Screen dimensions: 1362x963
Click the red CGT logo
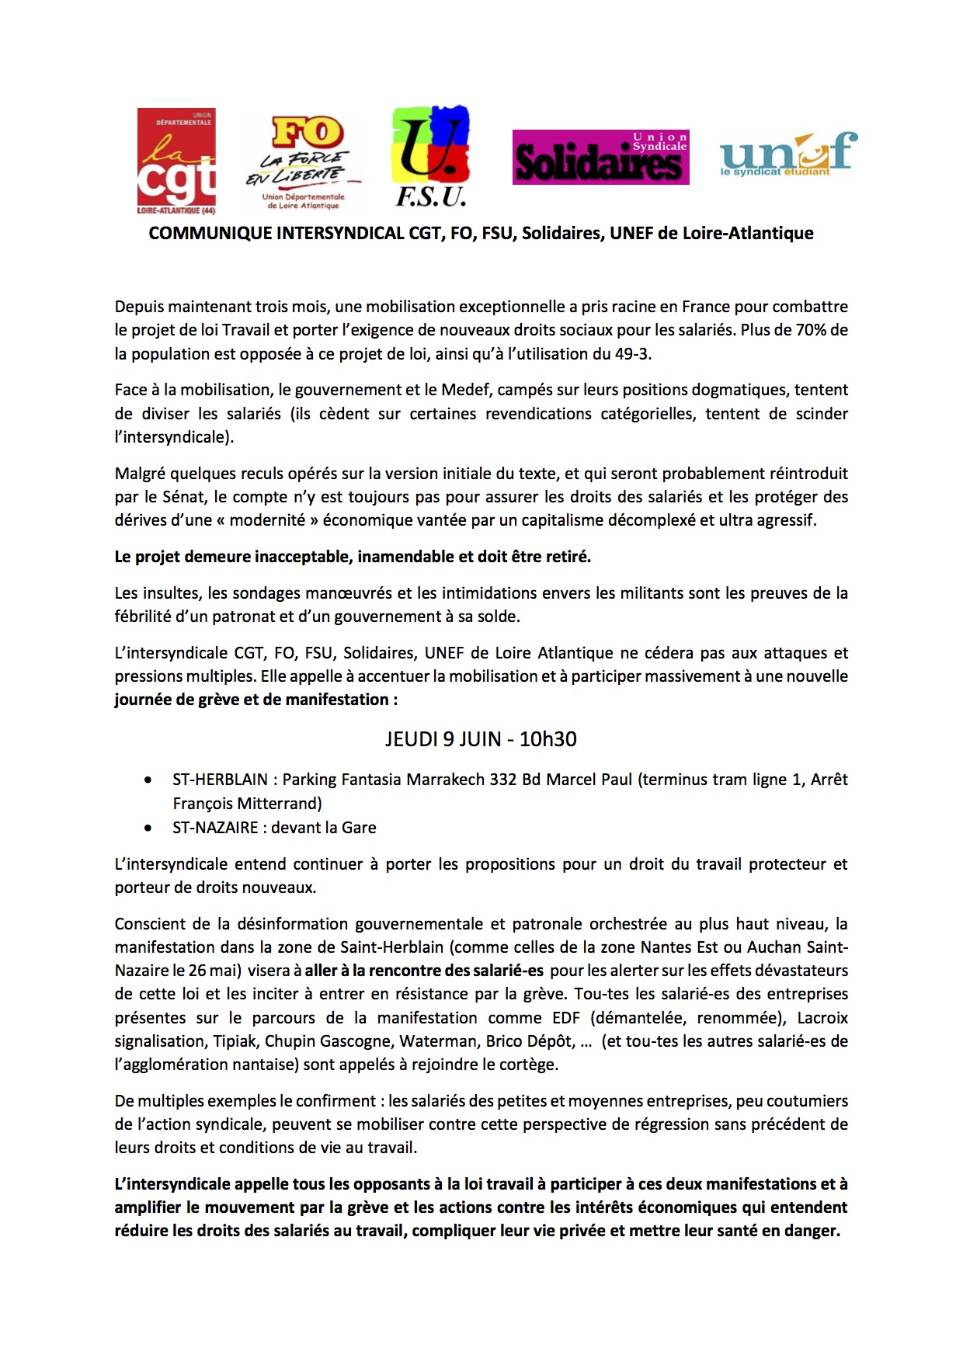click(x=176, y=162)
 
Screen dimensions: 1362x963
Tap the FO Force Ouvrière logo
click(x=304, y=162)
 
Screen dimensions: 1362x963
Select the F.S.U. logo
click(x=432, y=156)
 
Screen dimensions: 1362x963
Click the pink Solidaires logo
click(x=600, y=158)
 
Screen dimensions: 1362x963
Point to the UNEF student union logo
click(x=787, y=154)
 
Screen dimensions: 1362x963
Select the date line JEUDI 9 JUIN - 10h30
click(x=481, y=738)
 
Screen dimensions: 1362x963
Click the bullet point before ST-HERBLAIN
click(x=148, y=780)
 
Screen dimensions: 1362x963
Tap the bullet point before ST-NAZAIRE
click(x=148, y=828)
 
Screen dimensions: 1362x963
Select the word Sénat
click(x=184, y=497)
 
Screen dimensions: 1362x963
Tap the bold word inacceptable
click(x=296, y=557)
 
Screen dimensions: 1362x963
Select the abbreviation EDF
click(x=566, y=1018)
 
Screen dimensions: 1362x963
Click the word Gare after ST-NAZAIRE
click(x=359, y=828)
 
